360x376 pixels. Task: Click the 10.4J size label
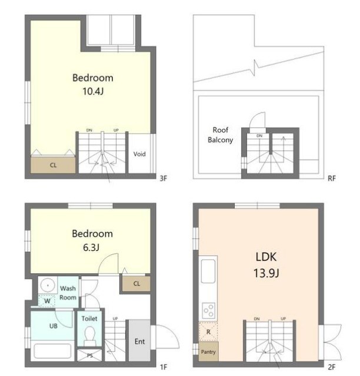point(93,92)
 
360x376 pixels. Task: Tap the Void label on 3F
point(139,154)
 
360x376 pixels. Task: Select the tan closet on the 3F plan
point(53,164)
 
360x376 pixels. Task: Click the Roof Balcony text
point(220,135)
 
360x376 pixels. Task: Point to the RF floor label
point(332,179)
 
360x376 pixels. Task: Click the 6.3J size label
point(91,247)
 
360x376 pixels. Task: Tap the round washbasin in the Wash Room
point(48,286)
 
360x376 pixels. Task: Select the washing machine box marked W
point(47,301)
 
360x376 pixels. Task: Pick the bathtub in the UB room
point(52,351)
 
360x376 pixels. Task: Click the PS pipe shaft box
point(90,355)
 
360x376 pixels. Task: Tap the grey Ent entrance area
point(139,341)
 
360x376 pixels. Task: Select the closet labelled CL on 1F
point(136,284)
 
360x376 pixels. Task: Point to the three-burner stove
point(208,311)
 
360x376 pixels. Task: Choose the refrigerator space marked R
point(208,332)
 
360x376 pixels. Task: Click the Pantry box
point(208,352)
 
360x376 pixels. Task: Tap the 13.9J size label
point(266,273)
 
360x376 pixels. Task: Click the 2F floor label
point(332,367)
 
